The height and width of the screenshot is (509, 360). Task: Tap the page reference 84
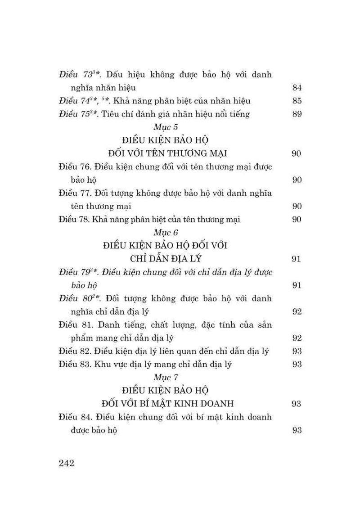pos(296,88)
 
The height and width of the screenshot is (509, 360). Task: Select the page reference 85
pos(296,101)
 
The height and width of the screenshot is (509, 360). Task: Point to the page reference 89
pos(296,114)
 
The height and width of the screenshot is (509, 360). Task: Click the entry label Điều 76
pos(74,167)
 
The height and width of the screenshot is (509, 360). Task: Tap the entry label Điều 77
pos(74,193)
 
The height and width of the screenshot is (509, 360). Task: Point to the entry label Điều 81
pos(74,325)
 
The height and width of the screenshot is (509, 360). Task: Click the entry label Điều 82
pos(74,351)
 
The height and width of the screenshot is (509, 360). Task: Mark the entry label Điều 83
pos(74,364)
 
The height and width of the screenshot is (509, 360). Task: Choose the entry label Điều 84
pos(74,417)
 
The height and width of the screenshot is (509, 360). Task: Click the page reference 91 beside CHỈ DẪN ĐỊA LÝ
pos(296,259)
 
